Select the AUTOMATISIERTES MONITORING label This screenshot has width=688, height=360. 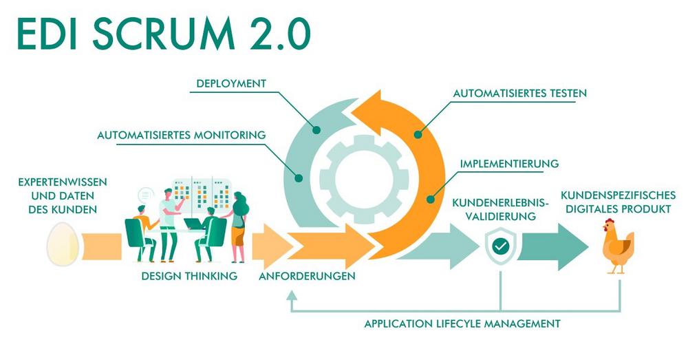tap(181, 135)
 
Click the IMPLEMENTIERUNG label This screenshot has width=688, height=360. tap(508, 165)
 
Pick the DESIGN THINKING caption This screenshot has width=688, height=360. tap(189, 276)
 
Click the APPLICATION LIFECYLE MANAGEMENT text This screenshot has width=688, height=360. tap(462, 323)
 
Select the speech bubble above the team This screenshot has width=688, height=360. tap(145, 195)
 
